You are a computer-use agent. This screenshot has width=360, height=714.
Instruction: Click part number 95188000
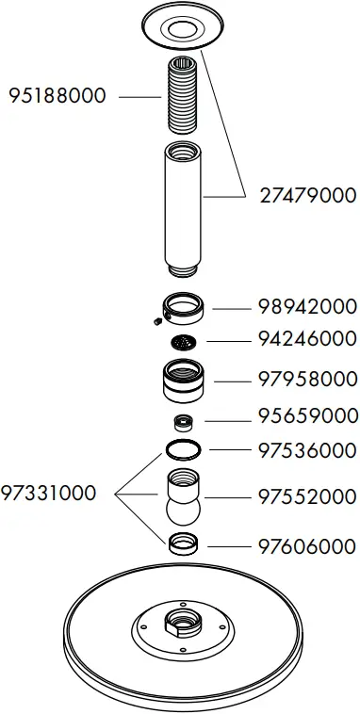(x=57, y=95)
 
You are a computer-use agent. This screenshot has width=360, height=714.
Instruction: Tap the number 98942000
(x=307, y=306)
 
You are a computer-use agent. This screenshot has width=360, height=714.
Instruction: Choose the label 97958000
(x=307, y=380)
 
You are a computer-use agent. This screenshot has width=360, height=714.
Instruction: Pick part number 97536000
(x=307, y=450)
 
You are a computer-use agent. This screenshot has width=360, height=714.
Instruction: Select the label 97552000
(x=307, y=496)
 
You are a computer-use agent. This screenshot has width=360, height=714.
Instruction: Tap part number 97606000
(x=307, y=545)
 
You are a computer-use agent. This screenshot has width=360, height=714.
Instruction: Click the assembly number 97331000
(x=49, y=493)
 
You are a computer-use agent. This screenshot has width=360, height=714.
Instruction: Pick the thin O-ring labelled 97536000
(x=183, y=450)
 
